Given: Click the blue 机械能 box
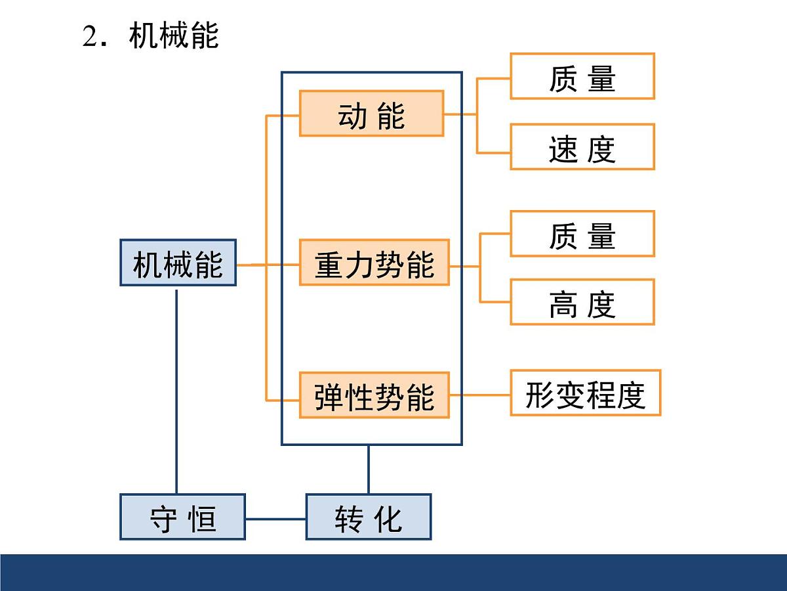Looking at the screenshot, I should (x=178, y=263).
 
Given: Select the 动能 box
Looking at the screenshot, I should (x=371, y=114).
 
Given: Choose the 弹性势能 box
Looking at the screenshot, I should (x=374, y=395).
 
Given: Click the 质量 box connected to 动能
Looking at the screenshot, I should (x=582, y=77).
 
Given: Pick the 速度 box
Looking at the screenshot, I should (x=582, y=147).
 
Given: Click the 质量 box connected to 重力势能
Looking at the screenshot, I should (x=582, y=234).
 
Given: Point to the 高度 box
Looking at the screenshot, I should (x=582, y=302).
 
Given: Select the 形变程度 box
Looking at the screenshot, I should (x=585, y=393).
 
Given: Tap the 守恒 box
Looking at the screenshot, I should (x=182, y=517).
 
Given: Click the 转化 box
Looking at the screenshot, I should (x=369, y=517).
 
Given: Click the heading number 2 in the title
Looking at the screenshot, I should (x=90, y=37).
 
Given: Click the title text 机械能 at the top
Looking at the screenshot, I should (x=174, y=35).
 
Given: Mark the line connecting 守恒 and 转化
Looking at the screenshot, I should (x=275, y=518).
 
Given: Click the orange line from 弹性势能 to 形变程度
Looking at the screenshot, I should (x=479, y=395).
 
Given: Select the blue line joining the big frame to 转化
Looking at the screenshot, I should (x=368, y=470).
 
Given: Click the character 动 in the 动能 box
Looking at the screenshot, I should (x=352, y=116).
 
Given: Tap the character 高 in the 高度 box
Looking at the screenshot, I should (x=562, y=303).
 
